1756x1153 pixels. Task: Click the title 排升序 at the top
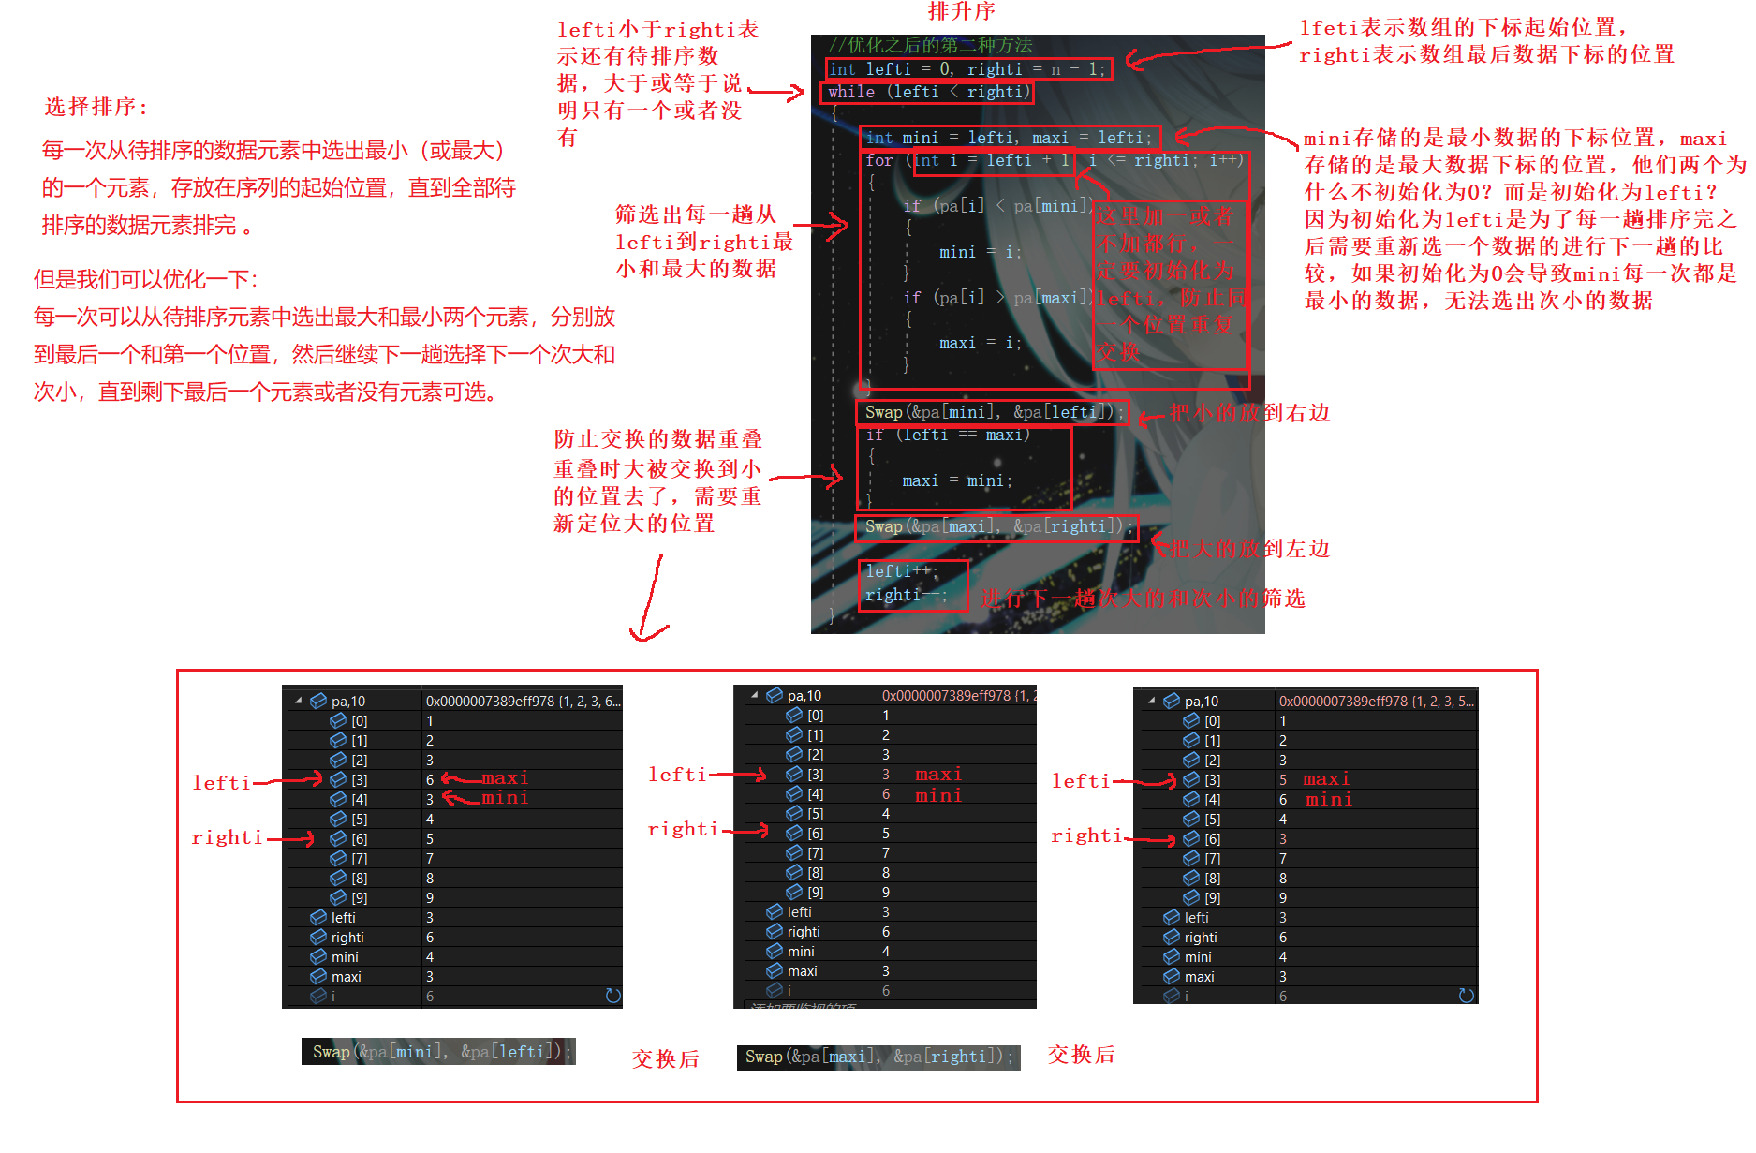961,11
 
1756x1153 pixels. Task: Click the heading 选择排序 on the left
96,107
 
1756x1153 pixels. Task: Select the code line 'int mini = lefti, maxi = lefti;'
1009,138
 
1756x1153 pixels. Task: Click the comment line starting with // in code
930,45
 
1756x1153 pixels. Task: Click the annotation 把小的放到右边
1249,413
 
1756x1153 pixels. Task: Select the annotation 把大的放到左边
1249,549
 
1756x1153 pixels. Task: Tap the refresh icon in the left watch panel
613,996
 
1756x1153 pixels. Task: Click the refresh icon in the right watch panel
1467,996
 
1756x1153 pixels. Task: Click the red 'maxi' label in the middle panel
938,775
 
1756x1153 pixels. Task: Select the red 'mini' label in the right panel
1329,800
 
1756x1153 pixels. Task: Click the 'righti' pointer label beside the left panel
227,838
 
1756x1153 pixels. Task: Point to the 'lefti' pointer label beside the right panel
1081,781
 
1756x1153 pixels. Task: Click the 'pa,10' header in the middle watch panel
804,696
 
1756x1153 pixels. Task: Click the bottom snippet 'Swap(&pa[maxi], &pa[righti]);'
878,1057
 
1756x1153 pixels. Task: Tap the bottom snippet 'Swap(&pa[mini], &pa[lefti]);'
437,1052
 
